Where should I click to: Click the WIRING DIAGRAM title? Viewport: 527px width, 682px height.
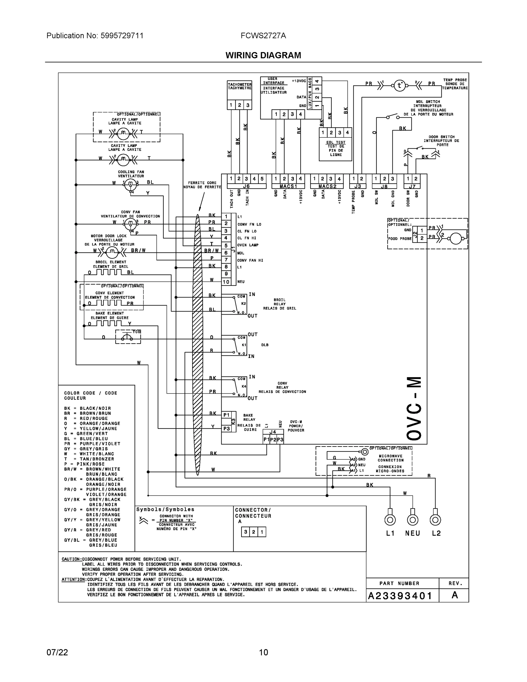263,55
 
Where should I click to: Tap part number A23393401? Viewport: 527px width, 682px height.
400,596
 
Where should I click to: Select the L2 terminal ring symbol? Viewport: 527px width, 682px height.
435,520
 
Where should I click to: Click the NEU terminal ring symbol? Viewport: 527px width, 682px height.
413,520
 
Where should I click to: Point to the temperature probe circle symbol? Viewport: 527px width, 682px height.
399,85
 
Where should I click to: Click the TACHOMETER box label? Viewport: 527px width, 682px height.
239,86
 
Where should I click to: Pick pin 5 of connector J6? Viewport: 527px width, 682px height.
262,179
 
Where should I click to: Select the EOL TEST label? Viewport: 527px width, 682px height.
336,142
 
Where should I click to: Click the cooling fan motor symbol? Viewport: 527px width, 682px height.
130,186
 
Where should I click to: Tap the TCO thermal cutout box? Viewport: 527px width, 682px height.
128,337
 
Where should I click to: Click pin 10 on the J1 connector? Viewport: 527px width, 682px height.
226,282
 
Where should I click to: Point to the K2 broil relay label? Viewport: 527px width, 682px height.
243,303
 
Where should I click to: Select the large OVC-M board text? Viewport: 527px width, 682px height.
414,409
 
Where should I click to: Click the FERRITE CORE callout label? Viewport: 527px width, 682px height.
202,185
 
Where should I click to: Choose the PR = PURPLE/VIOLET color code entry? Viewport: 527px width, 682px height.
92,444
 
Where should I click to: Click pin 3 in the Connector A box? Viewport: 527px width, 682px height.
245,532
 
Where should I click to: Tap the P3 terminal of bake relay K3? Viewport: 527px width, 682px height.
226,429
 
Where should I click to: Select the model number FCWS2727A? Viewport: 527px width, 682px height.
263,36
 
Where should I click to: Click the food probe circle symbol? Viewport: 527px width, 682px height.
455,239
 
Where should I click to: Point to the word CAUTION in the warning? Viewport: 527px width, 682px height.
72,559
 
